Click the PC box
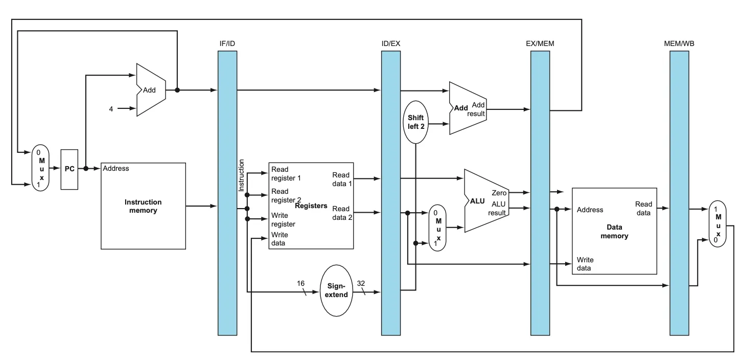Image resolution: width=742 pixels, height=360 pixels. point(69,169)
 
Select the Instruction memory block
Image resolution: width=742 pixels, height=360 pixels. point(143,206)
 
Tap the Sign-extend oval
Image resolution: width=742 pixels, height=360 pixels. point(337,290)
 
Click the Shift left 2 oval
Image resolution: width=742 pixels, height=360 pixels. point(415,122)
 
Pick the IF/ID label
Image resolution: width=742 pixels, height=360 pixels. point(227,43)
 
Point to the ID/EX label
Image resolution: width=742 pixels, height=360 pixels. point(391,43)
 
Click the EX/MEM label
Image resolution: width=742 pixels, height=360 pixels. point(540,43)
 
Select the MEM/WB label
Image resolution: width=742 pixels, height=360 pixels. point(679,43)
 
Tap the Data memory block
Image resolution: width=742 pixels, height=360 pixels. point(614,231)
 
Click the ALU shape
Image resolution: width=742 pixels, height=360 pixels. point(483,201)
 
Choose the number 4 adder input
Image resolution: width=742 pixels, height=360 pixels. point(111,108)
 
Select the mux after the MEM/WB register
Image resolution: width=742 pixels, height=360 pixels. point(718,223)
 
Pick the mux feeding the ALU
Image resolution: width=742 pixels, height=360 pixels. point(437,228)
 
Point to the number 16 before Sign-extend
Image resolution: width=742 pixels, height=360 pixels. point(300,283)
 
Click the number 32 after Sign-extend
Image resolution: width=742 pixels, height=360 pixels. point(361,283)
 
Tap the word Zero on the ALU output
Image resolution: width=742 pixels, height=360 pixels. point(499,193)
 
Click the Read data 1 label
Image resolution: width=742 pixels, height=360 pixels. point(341,179)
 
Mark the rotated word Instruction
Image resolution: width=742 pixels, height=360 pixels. point(242,175)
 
